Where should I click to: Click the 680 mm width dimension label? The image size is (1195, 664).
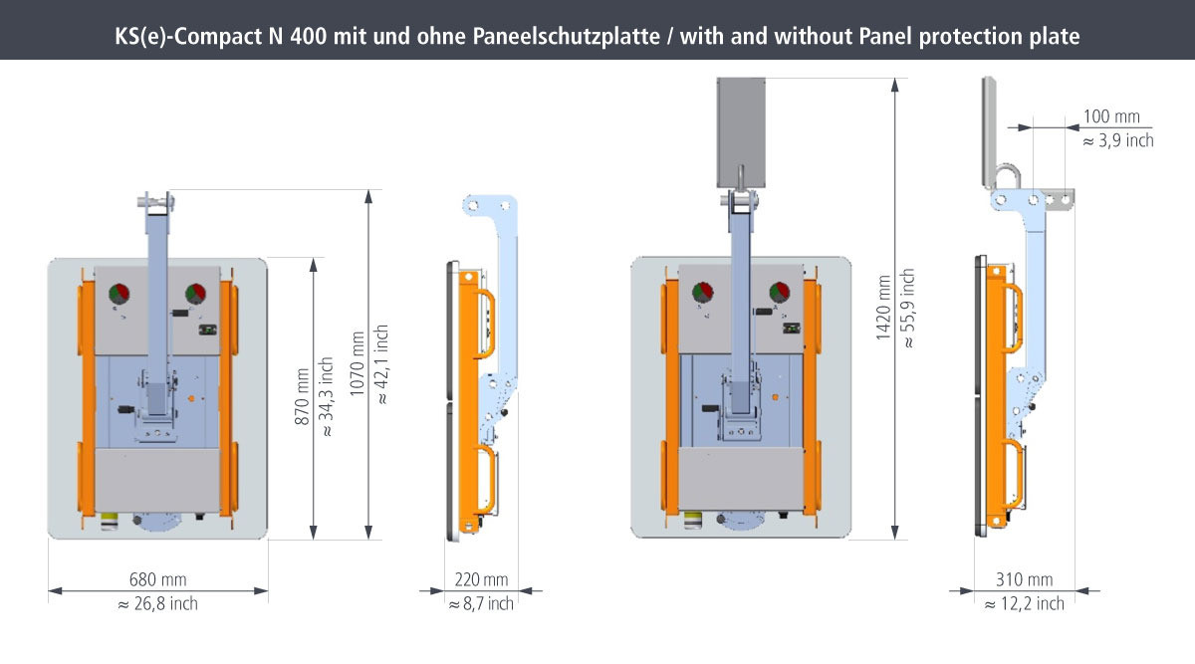(x=158, y=579)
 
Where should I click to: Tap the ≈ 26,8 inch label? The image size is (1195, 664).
(x=158, y=603)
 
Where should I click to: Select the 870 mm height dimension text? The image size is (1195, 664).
(x=302, y=396)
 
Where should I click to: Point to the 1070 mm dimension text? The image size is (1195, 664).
(x=358, y=363)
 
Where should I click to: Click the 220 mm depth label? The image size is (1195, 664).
(x=481, y=579)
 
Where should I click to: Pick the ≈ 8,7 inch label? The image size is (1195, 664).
(x=481, y=603)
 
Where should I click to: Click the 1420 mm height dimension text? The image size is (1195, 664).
(x=883, y=308)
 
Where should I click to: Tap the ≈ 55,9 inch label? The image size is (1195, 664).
(x=908, y=309)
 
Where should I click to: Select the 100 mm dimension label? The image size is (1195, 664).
(x=1111, y=116)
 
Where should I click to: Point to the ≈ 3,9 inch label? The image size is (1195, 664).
(x=1118, y=140)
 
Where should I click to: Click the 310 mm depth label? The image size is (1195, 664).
(x=1025, y=579)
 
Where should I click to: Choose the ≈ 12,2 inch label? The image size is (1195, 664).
(x=1025, y=603)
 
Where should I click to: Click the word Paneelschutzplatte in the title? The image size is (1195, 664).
(x=566, y=36)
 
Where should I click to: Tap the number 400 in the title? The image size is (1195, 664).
(x=309, y=36)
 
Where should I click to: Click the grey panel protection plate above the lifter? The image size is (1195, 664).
(x=741, y=132)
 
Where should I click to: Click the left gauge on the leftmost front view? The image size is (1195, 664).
(x=119, y=294)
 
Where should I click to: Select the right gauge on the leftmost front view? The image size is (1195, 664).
(x=195, y=294)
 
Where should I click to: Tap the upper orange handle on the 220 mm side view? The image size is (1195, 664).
(x=486, y=324)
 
